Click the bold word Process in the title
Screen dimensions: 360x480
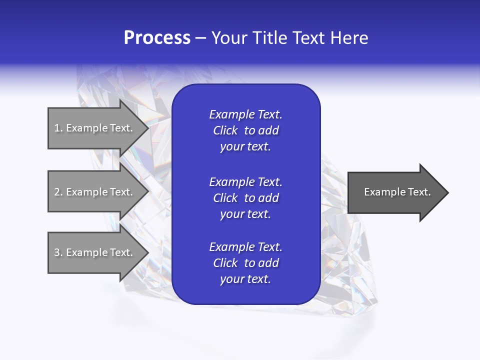(157, 38)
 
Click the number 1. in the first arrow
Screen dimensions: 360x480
(58, 128)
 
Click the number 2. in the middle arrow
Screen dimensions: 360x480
(58, 192)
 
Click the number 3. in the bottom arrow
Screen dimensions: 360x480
(58, 252)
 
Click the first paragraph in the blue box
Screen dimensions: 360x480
(245, 130)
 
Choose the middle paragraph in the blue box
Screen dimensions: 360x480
(245, 197)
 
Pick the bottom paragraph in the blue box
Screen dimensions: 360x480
(245, 263)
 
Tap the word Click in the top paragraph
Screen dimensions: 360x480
(225, 130)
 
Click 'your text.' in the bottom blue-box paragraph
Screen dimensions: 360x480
(245, 279)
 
